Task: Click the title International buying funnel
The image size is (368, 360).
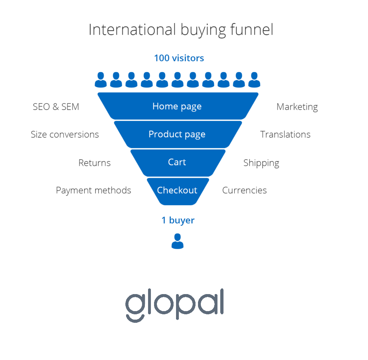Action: pos(181,30)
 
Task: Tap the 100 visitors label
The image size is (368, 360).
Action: pos(179,58)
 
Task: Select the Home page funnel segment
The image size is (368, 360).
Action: pos(178,106)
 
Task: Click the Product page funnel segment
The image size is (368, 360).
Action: pos(178,134)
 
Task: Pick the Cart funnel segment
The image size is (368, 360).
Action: pos(178,163)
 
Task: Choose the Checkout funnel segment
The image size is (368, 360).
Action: pos(178,191)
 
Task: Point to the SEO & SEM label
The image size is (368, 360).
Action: pos(56,107)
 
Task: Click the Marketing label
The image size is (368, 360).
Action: pos(297,107)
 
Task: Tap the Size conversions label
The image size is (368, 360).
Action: pos(65,134)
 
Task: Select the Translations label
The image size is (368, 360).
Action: pos(285,134)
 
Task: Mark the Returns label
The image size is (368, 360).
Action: pos(94,163)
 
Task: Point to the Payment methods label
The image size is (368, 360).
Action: pos(94,190)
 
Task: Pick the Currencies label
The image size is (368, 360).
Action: pos(244,190)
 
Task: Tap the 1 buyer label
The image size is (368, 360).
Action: pos(178,220)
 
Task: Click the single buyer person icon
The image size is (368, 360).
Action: pos(177,241)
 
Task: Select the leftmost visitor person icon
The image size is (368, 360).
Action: pos(101,80)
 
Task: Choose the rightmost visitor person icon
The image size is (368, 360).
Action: pos(254,80)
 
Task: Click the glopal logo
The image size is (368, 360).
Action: pos(175,305)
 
